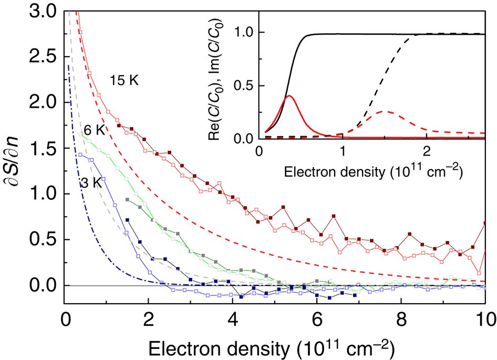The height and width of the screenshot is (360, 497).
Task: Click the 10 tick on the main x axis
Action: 484,319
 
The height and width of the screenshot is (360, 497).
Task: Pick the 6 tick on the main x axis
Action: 317,319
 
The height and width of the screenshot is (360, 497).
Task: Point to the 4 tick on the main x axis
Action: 233,319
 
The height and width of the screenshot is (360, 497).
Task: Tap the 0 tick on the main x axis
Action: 65,319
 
